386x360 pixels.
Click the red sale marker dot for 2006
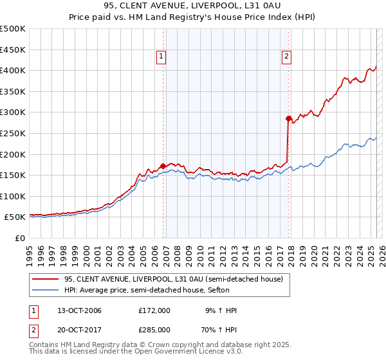pyautogui.click(x=163, y=166)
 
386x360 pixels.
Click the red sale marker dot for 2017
pyautogui.click(x=289, y=118)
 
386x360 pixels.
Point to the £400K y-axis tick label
pyautogui.click(x=14, y=70)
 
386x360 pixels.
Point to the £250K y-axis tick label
pyautogui.click(x=14, y=133)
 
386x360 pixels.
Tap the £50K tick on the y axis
pyautogui.click(x=16, y=217)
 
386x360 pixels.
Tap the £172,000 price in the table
pyautogui.click(x=154, y=310)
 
